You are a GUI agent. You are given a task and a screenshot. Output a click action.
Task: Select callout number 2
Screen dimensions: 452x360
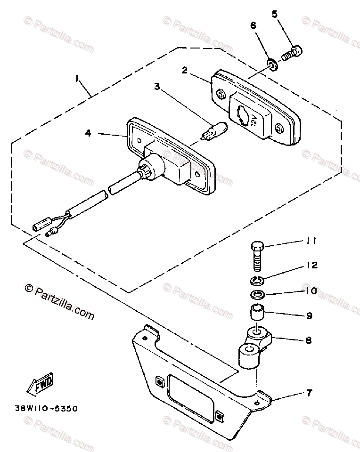click(x=185, y=71)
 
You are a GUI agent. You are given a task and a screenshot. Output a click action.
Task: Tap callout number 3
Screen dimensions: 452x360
click(x=157, y=86)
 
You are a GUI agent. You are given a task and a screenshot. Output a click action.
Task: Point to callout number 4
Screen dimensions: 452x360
click(x=88, y=133)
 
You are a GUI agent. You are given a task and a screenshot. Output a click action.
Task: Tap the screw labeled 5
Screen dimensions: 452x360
click(x=292, y=53)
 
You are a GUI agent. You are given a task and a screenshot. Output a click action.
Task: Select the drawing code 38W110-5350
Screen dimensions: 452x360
click(x=50, y=409)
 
